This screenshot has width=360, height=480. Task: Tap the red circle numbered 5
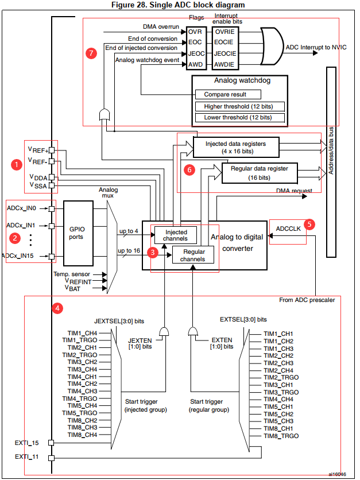tap(310, 224)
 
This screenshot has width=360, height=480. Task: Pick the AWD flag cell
tap(196, 65)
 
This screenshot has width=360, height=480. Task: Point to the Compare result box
tap(229, 94)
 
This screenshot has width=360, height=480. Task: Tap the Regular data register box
tap(259, 172)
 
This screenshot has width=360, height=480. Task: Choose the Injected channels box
tap(175, 235)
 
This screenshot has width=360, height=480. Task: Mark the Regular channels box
tap(193, 255)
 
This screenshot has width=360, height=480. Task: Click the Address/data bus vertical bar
tap(331, 162)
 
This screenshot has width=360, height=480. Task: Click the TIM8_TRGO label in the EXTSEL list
tap(281, 436)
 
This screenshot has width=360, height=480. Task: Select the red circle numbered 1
tap(17, 164)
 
